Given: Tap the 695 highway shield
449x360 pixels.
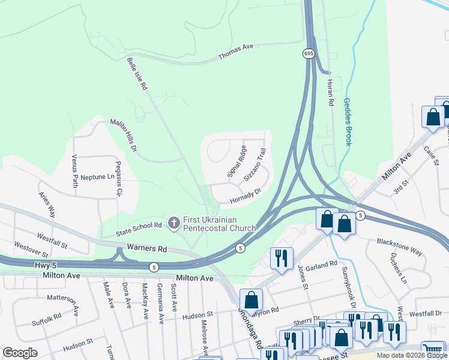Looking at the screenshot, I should click(307, 54).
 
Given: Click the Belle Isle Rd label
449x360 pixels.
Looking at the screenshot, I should click(137, 74).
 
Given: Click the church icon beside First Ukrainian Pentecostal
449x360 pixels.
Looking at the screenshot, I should click(174, 224).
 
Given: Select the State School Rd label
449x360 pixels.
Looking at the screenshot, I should click(139, 226).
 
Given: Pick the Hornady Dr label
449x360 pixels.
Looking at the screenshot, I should click(246, 196).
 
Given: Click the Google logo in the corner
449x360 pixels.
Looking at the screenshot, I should click(20, 353).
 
